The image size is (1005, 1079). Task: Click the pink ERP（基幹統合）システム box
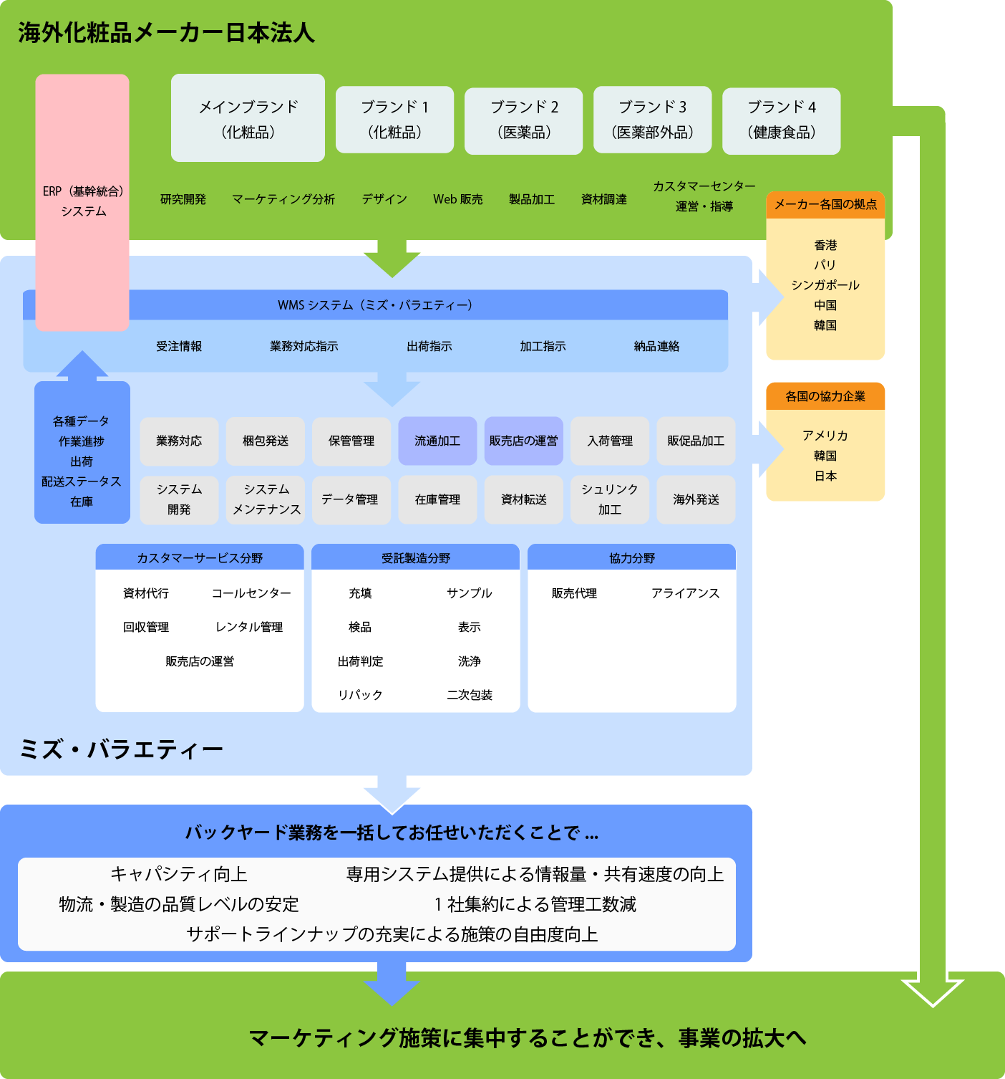[82, 201]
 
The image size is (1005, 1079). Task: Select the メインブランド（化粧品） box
[248, 118]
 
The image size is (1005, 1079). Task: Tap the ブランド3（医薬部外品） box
[652, 120]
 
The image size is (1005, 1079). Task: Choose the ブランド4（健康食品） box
[781, 120]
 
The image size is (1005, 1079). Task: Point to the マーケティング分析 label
[283, 199]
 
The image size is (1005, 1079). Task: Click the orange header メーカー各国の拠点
[825, 205]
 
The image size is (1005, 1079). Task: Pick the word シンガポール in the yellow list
[825, 285]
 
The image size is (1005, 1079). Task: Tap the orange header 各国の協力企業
[825, 396]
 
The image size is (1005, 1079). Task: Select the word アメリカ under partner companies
[825, 436]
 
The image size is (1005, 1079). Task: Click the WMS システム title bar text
[375, 305]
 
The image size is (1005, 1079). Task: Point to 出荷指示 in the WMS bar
[429, 347]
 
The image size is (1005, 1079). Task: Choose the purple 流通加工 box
[437, 441]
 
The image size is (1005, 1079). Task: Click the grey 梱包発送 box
[266, 441]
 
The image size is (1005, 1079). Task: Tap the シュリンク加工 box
[610, 499]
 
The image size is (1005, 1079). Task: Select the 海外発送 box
[696, 499]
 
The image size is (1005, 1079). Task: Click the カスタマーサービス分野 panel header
[200, 558]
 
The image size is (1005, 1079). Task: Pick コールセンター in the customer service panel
[251, 593]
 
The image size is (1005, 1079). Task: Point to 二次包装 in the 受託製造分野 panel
[470, 695]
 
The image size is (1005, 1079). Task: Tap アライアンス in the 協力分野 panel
[685, 593]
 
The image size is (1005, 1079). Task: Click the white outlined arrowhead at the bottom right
[932, 990]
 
